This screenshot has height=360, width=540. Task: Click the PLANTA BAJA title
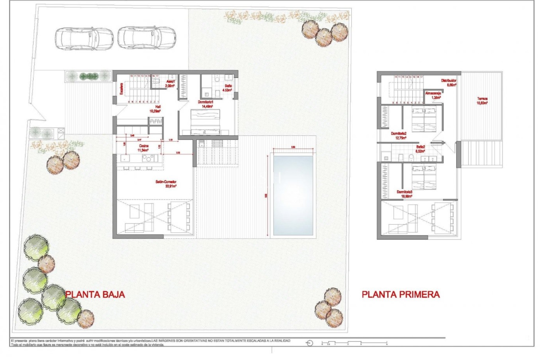point(95,294)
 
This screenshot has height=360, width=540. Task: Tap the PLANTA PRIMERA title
point(400,294)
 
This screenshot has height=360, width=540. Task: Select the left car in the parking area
point(84,39)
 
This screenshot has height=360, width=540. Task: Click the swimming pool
point(293,195)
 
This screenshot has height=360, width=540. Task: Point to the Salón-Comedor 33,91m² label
point(166,184)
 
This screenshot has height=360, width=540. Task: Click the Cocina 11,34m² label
point(143,148)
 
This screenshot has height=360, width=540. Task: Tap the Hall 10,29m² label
point(155,109)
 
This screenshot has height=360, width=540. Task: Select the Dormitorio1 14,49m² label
point(205,104)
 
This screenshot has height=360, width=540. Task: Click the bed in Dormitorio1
point(205,122)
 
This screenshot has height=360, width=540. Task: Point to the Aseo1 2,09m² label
point(170,84)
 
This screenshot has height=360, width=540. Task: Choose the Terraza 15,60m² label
point(482,101)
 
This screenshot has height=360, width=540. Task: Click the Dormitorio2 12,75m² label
point(399,136)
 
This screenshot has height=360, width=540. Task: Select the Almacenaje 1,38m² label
point(433,95)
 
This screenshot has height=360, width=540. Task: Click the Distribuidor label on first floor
point(449,82)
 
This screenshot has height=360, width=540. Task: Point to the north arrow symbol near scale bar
point(310,343)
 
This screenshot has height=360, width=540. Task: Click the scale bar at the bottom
point(354,343)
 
